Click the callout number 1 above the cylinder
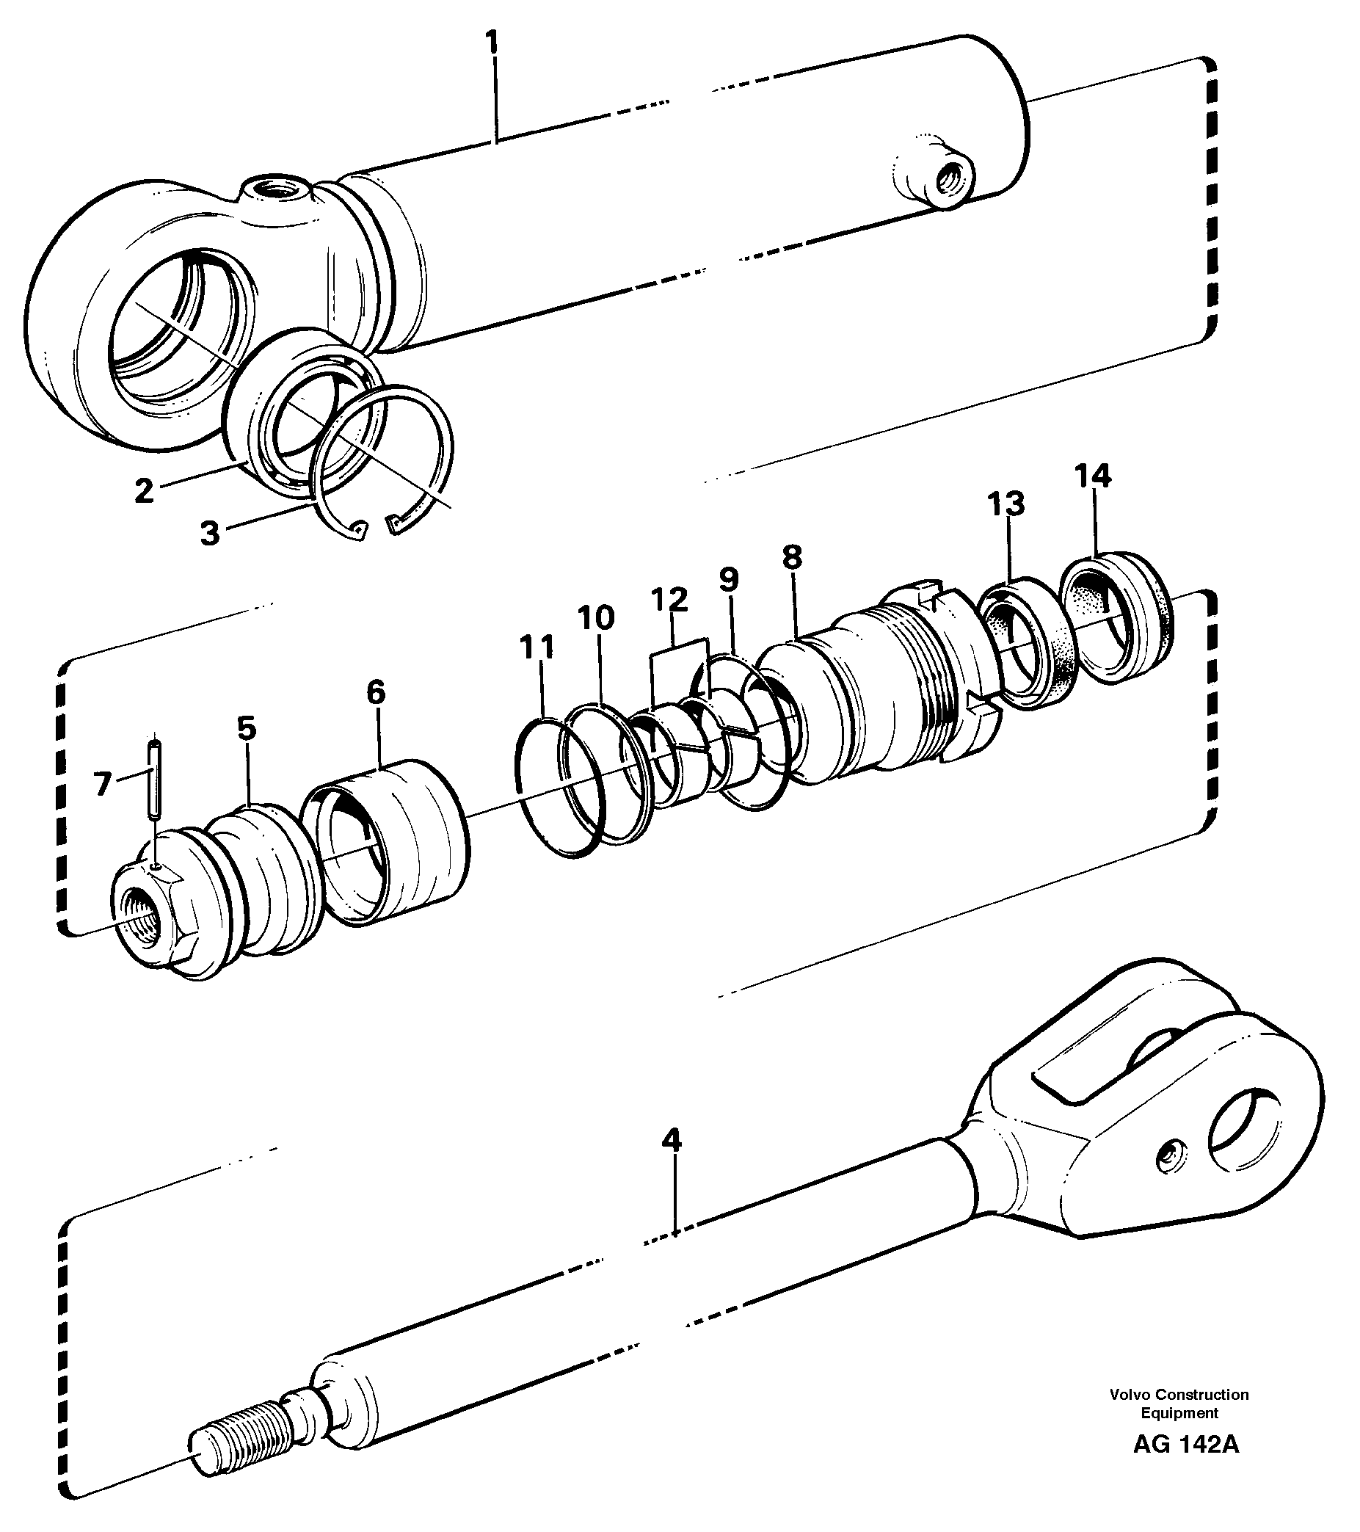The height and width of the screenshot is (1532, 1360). [492, 42]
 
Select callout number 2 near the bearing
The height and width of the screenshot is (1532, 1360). [144, 491]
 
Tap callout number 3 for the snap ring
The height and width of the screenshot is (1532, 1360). [210, 533]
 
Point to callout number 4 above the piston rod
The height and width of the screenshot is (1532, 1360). [672, 1141]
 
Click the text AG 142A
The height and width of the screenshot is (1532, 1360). [1185, 1445]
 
